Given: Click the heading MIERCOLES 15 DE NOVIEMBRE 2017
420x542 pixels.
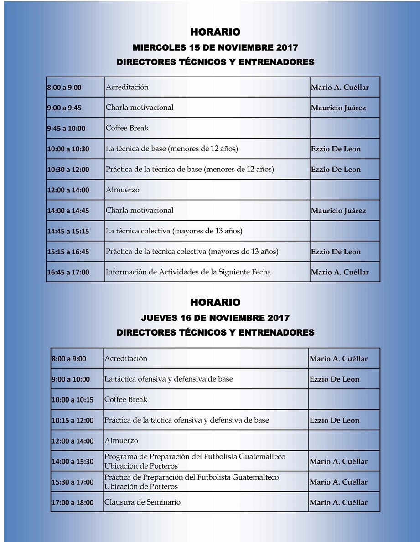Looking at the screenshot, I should point(215,47).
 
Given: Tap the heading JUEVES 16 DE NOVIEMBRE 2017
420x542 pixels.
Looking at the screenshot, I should point(215,318).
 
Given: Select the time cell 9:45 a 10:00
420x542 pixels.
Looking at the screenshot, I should point(66,129).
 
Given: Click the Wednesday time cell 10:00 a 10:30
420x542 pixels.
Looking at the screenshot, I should point(68,149).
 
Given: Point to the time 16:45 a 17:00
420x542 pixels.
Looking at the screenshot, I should point(68,272).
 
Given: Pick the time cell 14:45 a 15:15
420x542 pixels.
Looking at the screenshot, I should point(68,231).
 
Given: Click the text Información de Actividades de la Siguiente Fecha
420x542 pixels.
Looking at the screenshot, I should point(188,272).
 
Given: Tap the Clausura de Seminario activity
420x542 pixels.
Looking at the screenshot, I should point(142,502).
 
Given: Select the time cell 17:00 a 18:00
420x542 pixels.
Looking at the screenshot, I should point(73,502).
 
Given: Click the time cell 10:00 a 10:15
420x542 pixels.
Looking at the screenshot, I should point(73,400).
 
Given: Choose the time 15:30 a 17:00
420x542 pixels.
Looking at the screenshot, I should point(73,482).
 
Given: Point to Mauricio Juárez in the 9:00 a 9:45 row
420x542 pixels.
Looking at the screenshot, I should point(338,108).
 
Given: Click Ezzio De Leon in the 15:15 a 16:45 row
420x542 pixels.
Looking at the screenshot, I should point(336,252).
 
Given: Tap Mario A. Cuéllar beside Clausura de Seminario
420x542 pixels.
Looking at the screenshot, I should point(338,502).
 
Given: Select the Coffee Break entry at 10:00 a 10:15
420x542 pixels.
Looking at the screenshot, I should point(126,400).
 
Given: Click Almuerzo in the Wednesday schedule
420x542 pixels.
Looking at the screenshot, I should point(122,190).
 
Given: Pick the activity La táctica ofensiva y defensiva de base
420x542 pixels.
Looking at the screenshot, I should point(168,379).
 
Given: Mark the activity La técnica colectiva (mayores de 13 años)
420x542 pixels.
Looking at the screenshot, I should point(174,231).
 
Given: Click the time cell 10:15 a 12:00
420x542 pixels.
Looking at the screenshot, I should point(73,420).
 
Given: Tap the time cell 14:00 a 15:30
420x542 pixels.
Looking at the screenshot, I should point(73,461).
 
